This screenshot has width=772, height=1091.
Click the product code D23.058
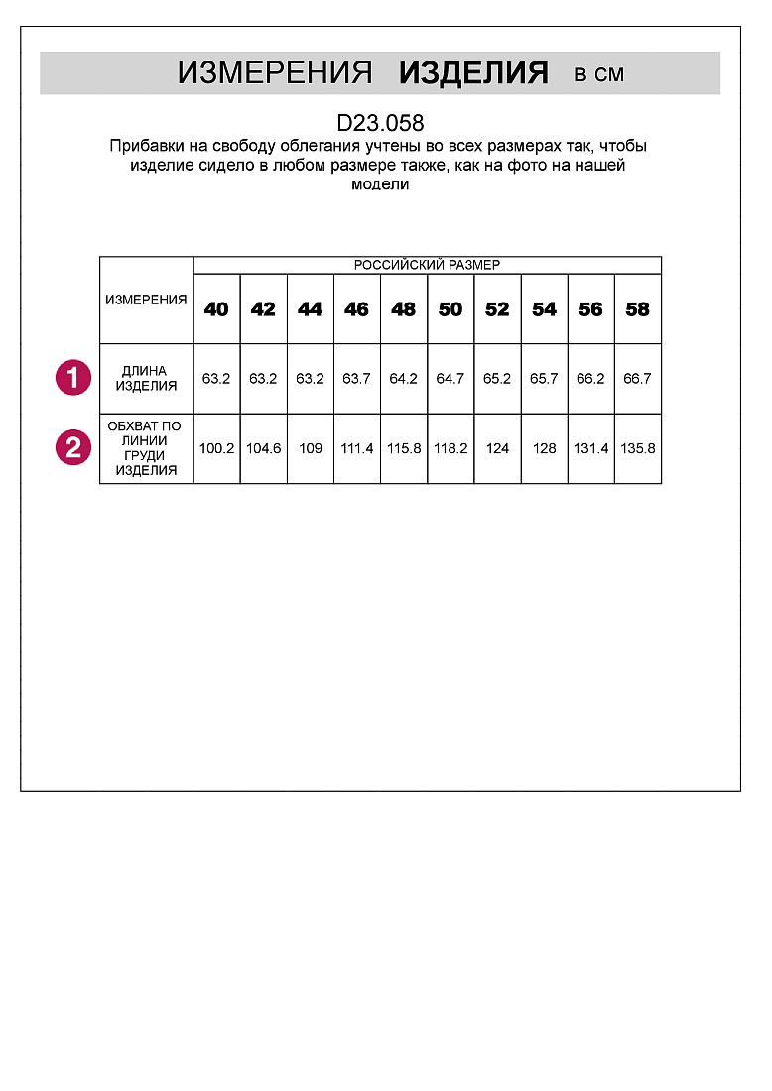tap(380, 124)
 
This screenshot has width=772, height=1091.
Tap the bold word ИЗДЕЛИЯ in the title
tap(473, 72)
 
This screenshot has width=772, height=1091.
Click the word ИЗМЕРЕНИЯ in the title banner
tap(275, 72)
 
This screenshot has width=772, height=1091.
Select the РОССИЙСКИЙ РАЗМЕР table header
tap(427, 265)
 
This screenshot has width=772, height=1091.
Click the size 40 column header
tap(216, 309)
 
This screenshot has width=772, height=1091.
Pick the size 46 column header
tap(356, 309)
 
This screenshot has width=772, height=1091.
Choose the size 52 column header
tap(497, 309)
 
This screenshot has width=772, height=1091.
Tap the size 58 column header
tap(637, 309)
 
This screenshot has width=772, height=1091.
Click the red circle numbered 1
tap(72, 378)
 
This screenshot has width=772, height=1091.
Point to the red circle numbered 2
tap(72, 448)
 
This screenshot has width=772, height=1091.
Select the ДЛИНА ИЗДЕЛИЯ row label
tap(145, 378)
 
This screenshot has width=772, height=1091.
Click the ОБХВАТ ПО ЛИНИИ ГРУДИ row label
tap(145, 448)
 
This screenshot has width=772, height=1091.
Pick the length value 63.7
tap(356, 378)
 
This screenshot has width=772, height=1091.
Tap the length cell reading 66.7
tap(637, 378)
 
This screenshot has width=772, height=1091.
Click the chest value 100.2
tap(216, 448)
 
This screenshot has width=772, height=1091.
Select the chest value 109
tap(310, 448)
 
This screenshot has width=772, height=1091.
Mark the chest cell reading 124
tap(497, 448)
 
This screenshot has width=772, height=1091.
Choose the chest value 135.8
tap(637, 448)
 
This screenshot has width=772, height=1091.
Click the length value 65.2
tap(497, 378)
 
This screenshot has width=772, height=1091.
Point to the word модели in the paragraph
tap(380, 184)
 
